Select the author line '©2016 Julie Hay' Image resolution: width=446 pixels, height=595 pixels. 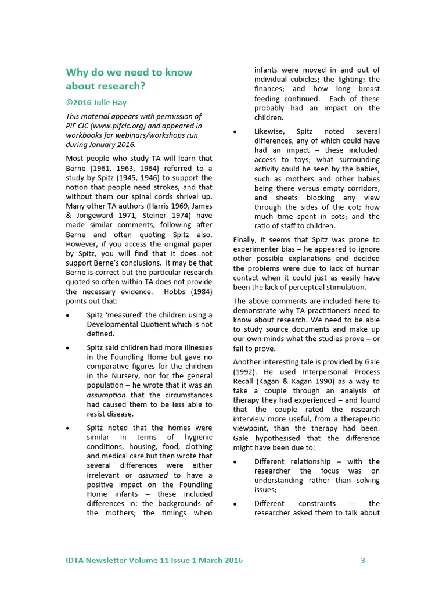point(96,102)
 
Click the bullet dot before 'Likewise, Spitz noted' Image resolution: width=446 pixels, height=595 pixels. point(235,132)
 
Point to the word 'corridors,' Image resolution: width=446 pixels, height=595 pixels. point(359,188)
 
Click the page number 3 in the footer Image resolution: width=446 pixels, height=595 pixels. point(363,561)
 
